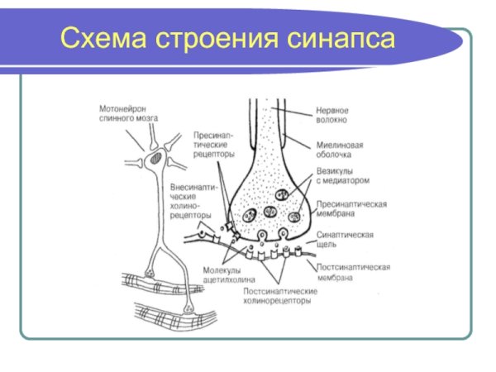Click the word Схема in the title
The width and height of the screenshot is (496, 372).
click(x=100, y=40)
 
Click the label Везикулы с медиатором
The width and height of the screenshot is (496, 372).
click(x=341, y=175)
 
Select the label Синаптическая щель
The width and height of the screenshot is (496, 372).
click(x=344, y=239)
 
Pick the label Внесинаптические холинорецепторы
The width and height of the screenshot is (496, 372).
click(x=193, y=199)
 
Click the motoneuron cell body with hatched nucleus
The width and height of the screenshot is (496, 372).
click(x=157, y=155)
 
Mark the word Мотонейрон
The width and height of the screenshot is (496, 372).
click(x=125, y=107)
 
